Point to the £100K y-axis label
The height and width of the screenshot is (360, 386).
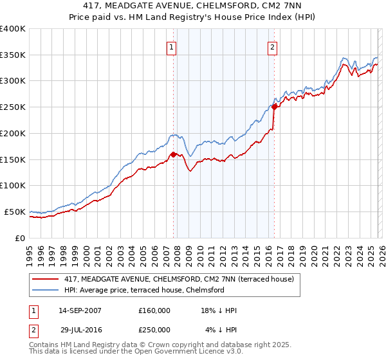pos(13,185)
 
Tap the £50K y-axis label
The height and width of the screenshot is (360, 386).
pos(15,212)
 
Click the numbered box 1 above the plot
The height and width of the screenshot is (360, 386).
pos(172,47)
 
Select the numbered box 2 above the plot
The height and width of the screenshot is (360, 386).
pos(273,47)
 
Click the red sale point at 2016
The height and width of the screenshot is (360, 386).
pos(275,107)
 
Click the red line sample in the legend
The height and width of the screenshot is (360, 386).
pos(46,279)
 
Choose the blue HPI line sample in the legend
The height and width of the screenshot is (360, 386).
pos(46,290)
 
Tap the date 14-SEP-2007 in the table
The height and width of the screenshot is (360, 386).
pos(80,310)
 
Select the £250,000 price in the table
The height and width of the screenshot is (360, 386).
pos(154,329)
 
